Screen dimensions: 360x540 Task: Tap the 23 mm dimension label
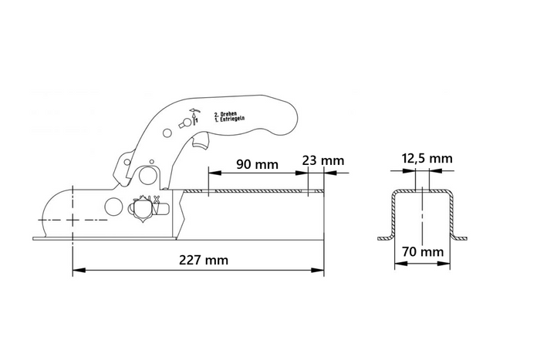point(323,161)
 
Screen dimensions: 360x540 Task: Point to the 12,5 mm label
point(427,159)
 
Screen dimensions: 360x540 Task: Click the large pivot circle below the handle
point(147,174)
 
